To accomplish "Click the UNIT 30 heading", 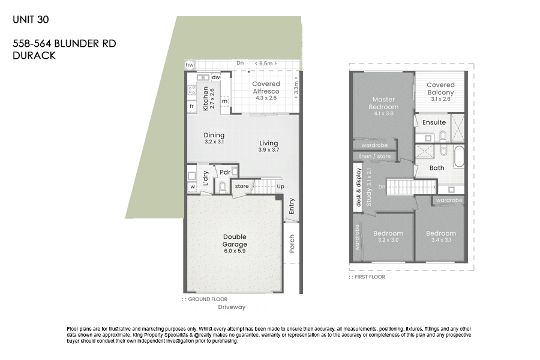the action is [x=31, y=20].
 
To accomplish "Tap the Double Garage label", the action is [x=235, y=241].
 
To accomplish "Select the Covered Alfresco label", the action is [x=266, y=88].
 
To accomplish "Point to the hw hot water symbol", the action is [x=190, y=65].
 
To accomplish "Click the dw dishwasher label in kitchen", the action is [x=216, y=77].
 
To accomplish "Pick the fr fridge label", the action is [x=192, y=106].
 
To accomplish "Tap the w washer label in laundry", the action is [x=193, y=187].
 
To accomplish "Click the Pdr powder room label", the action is [x=225, y=172].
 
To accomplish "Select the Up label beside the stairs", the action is [x=280, y=187].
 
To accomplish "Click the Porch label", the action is [x=292, y=244].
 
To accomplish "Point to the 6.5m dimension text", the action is [x=266, y=64].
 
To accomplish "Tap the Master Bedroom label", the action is [x=383, y=103].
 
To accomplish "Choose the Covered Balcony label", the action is [x=441, y=89].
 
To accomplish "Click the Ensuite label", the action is [x=434, y=122].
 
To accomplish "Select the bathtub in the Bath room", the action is [x=459, y=157].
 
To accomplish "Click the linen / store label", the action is [x=374, y=157].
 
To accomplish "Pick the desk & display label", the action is [x=358, y=187].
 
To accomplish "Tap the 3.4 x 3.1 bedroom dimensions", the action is [x=441, y=240].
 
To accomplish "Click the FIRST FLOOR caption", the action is [x=370, y=277].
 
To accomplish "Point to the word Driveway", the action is [x=232, y=307].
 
